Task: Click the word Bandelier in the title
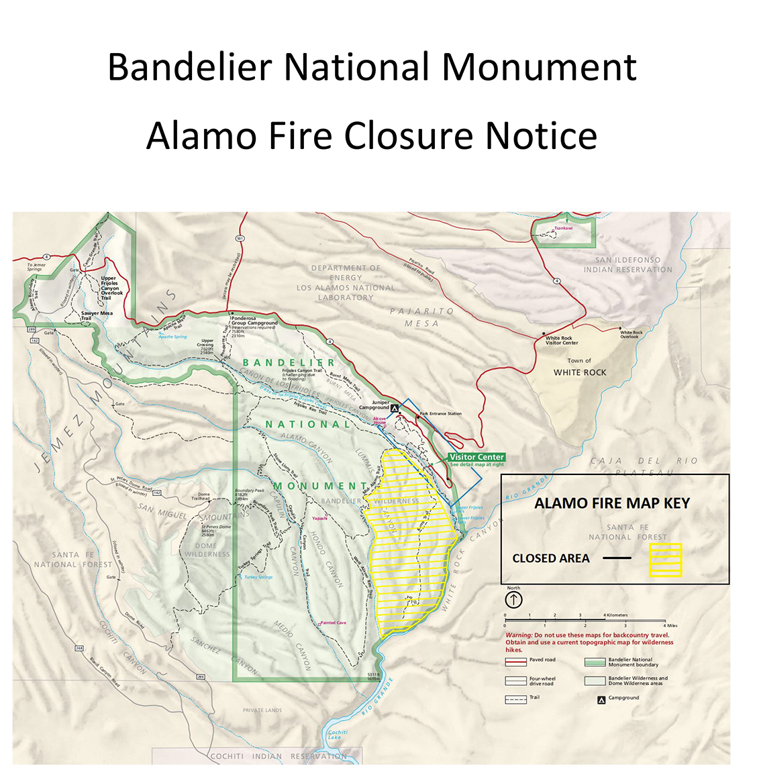coord(190,67)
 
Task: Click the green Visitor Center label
coord(476,457)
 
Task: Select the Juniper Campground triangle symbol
coord(395,407)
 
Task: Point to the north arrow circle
coord(513,599)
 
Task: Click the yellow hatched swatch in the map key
coord(665,560)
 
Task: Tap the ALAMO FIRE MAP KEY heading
coord(611,503)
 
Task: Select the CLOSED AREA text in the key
coord(551,558)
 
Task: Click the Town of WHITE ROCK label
coord(580,368)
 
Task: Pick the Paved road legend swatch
coord(515,662)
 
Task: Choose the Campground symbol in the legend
coord(601,699)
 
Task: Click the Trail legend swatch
coord(515,699)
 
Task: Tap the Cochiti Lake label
coord(338,735)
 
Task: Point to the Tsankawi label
coord(564,228)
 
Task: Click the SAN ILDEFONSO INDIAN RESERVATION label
coord(627,265)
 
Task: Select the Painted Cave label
coord(333,623)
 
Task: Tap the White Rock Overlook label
coord(631,334)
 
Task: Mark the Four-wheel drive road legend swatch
coord(515,680)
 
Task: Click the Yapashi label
coord(319,518)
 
